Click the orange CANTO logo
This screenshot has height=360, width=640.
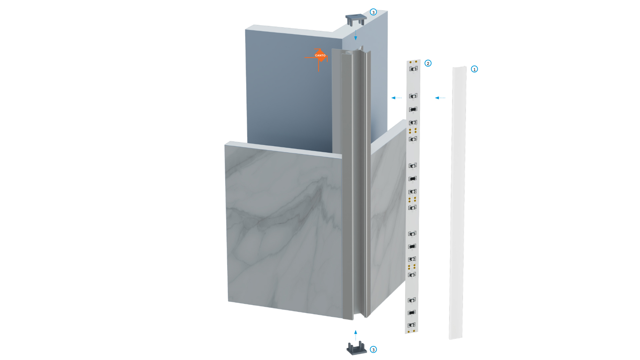pos(320,56)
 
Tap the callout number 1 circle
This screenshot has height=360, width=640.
pos(474,69)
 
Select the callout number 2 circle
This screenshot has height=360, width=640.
pos(428,63)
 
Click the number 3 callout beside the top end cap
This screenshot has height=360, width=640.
pos(373,12)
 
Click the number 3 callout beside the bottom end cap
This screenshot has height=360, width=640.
pos(373,349)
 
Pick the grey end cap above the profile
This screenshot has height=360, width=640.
pos(356,20)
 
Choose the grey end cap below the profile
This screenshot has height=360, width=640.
pos(357,348)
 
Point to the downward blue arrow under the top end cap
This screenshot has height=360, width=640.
pos(356,35)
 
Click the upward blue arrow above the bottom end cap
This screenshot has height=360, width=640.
pos(356,335)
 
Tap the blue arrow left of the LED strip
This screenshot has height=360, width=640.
pos(396,98)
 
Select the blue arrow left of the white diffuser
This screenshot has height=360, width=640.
pos(440,98)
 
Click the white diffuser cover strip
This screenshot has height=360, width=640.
pos(458,203)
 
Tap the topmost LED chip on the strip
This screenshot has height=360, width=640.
pos(414,69)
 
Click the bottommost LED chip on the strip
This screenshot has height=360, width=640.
pos(412,325)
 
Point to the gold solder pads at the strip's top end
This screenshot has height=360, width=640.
pos(413,62)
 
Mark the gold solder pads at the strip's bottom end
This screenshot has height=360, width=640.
pos(411,331)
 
